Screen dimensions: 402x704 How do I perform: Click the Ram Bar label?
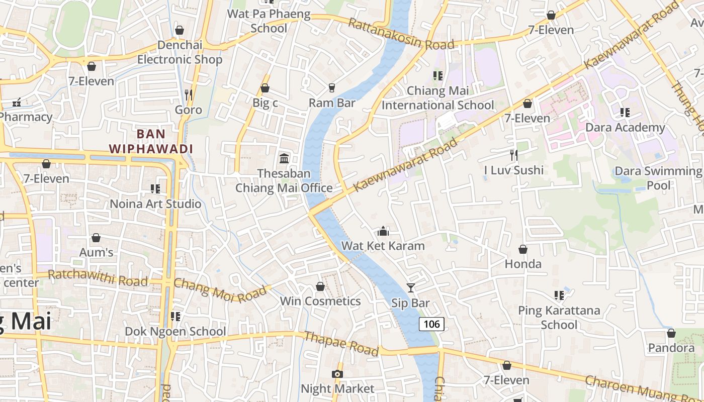click(x=332, y=103)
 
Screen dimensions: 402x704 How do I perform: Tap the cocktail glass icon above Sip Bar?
click(x=411, y=288)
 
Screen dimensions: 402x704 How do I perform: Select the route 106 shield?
click(x=431, y=324)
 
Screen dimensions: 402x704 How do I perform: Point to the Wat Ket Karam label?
click(x=383, y=246)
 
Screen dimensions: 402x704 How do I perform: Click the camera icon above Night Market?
click(x=337, y=374)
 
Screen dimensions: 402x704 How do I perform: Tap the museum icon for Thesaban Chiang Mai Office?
click(x=284, y=159)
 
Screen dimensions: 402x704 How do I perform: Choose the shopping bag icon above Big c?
click(x=265, y=88)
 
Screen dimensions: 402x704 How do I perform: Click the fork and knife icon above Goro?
click(x=189, y=94)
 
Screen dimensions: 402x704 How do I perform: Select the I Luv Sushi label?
click(x=513, y=170)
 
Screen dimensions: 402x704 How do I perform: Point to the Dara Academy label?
click(x=625, y=128)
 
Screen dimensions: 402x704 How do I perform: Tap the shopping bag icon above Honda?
click(x=523, y=249)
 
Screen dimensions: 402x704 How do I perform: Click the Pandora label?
click(x=671, y=348)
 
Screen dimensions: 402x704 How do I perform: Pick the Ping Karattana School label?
click(x=559, y=317)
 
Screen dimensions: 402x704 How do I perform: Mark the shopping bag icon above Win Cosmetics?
click(x=320, y=286)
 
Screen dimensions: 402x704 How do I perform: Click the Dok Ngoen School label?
click(x=175, y=332)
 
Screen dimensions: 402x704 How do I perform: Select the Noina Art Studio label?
click(x=155, y=204)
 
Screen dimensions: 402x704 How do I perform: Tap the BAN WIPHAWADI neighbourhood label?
click(x=151, y=141)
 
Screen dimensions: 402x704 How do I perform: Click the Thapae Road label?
click(x=341, y=344)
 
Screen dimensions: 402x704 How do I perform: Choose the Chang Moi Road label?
click(x=220, y=289)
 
